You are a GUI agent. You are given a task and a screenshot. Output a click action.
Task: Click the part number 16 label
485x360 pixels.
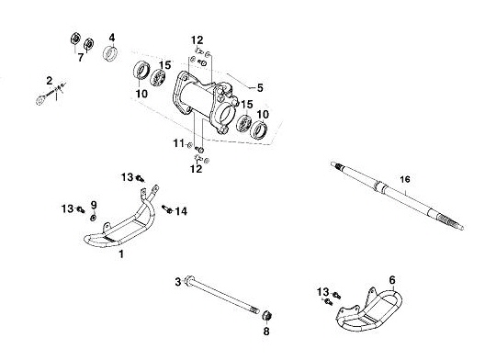click(x=404, y=179)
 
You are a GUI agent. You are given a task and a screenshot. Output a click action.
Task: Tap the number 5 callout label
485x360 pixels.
click(x=260, y=88)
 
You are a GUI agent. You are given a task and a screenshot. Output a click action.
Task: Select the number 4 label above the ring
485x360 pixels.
click(x=112, y=38)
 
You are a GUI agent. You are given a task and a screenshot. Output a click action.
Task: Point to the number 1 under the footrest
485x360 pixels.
click(x=121, y=254)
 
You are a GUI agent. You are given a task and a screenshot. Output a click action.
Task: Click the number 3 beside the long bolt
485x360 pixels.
click(x=178, y=282)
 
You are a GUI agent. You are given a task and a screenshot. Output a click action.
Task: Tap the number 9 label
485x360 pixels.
click(x=94, y=205)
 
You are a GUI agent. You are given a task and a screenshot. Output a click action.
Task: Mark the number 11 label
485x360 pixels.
click(x=178, y=143)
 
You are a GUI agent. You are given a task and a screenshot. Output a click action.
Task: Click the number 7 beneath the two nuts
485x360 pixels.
click(x=81, y=57)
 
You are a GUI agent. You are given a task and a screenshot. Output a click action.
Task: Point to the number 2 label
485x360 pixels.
click(x=50, y=81)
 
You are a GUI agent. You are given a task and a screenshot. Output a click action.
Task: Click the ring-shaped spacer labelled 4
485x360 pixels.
click(x=110, y=53)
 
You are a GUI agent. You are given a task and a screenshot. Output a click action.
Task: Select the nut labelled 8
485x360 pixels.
click(x=266, y=317)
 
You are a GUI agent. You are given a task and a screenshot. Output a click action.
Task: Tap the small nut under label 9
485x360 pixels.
click(x=93, y=218)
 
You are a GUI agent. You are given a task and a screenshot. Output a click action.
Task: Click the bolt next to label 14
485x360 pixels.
click(x=167, y=209)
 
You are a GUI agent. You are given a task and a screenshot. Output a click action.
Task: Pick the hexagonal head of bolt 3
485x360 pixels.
click(x=190, y=279)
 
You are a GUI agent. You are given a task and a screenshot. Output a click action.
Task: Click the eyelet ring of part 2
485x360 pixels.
click(x=40, y=100)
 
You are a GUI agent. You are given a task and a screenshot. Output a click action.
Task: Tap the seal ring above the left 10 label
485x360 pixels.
click(x=141, y=70)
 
